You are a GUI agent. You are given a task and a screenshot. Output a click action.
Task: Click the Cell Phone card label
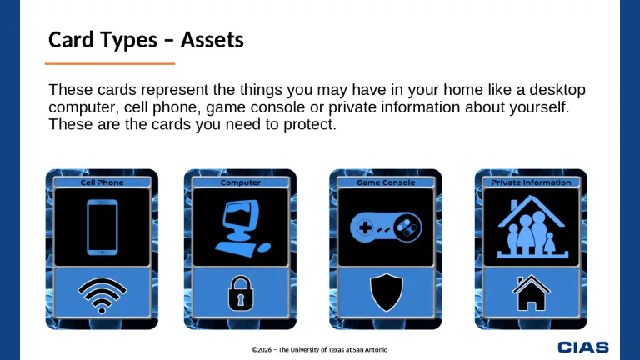point(102,182)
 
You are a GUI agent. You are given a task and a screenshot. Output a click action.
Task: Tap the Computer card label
point(240,182)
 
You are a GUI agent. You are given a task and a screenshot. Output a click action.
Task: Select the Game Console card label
point(386,182)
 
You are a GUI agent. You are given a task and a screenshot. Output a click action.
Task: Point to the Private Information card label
point(531,182)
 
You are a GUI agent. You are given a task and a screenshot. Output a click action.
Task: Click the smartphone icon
point(102,226)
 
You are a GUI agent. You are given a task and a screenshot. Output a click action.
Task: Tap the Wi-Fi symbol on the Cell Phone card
point(102,294)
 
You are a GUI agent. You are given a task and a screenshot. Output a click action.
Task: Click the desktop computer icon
point(240,227)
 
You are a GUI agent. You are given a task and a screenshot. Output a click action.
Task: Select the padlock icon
point(240,293)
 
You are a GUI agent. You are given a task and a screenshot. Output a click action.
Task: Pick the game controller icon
point(386,227)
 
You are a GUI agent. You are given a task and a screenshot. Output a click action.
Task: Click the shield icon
point(386,293)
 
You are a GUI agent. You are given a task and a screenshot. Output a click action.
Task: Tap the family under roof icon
point(531,226)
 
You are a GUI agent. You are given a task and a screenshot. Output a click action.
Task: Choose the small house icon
point(531,293)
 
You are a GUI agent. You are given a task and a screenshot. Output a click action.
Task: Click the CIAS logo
point(582,347)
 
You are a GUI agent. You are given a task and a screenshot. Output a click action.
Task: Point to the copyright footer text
point(320,350)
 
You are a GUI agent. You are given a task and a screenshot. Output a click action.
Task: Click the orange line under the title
point(109,63)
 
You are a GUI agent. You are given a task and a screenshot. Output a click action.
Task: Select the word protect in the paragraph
point(310,125)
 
